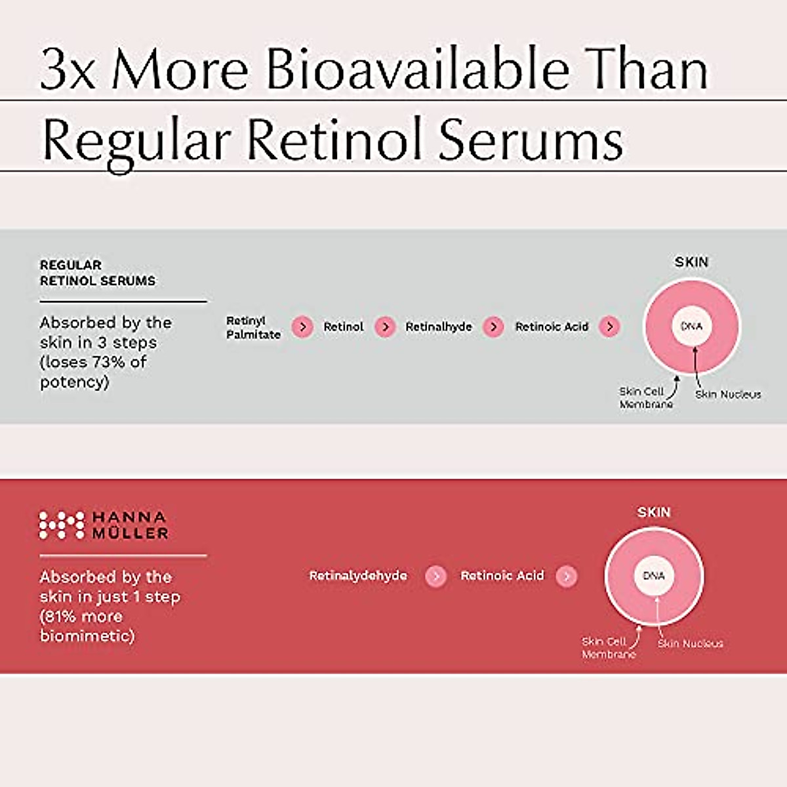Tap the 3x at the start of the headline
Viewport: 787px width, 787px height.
[x=68, y=70]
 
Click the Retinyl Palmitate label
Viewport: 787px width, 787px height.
[x=253, y=327]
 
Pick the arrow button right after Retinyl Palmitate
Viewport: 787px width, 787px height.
[x=302, y=327]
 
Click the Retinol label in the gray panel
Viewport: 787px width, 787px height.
[x=343, y=327]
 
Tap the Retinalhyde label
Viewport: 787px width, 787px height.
[x=438, y=327]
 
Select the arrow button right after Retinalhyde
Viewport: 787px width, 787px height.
[x=493, y=327]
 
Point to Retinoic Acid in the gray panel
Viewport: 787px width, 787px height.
[x=552, y=327]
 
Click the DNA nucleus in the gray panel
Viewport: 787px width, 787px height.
[x=691, y=326]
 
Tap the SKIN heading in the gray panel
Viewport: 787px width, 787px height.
[x=691, y=262]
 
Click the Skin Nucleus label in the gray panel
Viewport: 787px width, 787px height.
[x=728, y=394]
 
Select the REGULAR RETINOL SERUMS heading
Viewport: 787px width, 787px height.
[x=98, y=273]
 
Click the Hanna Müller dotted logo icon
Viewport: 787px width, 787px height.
[x=62, y=525]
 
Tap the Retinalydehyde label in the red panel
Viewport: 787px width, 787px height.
[x=358, y=576]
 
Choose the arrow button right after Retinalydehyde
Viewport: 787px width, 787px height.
[x=435, y=576]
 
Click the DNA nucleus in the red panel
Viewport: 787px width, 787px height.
[x=654, y=576]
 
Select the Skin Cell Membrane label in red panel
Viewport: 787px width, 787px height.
[x=608, y=648]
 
